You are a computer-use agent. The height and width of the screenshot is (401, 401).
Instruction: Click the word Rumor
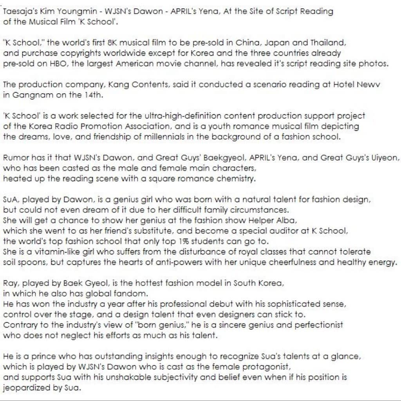tap(14, 158)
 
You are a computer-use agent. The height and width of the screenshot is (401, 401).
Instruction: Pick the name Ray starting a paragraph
tap(10, 283)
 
